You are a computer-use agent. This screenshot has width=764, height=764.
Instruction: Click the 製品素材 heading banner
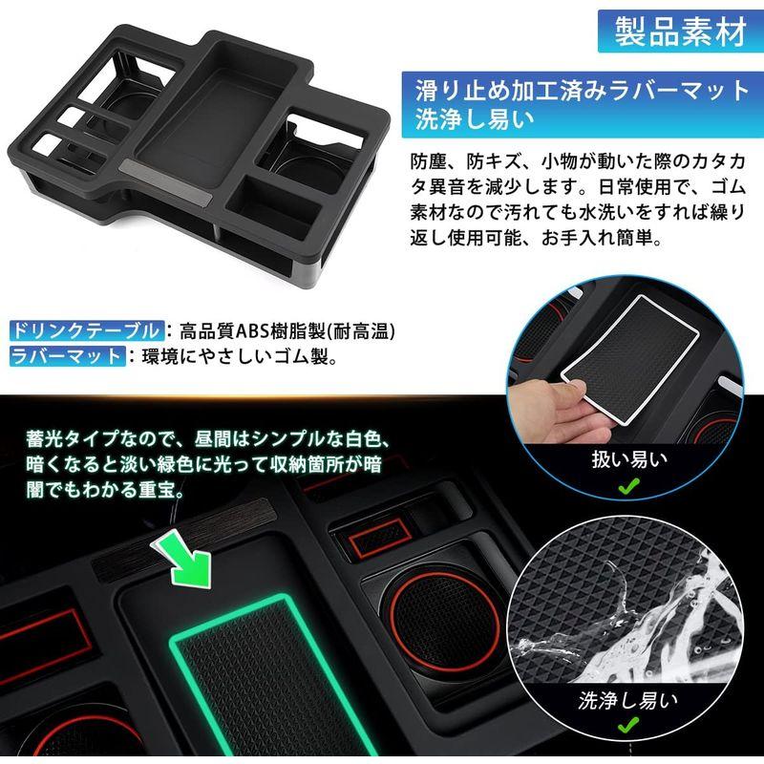(x=679, y=33)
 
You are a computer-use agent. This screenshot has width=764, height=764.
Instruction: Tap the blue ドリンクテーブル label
(x=86, y=332)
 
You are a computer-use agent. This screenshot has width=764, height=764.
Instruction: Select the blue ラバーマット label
(x=67, y=358)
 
